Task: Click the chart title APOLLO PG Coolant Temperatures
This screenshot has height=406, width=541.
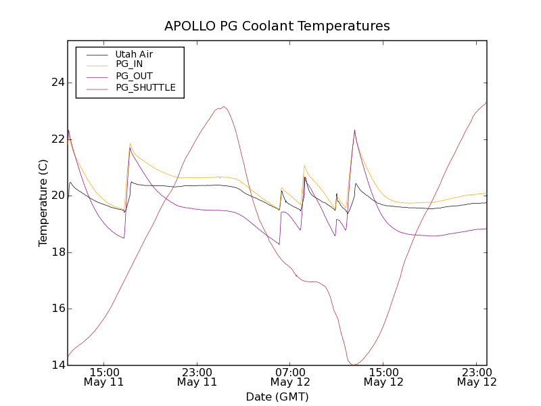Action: (277, 26)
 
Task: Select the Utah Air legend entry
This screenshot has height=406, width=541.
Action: (134, 54)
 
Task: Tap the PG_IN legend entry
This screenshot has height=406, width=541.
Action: (129, 64)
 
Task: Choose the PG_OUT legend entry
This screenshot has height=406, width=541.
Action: (134, 76)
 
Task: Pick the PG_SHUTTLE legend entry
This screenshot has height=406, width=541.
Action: (145, 87)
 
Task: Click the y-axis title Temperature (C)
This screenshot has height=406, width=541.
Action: (43, 203)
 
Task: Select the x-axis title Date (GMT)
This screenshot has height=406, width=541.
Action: (277, 397)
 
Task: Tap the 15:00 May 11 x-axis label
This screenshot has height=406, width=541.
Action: (103, 377)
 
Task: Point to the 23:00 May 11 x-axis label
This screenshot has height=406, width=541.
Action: (197, 377)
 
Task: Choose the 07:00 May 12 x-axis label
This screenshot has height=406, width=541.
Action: (290, 377)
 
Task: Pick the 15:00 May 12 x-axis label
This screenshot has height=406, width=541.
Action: (383, 377)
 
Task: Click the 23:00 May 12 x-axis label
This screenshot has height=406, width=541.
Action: (477, 377)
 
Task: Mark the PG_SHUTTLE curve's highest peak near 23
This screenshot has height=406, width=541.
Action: (224, 106)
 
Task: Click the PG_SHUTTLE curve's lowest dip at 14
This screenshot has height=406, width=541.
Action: (354, 365)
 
